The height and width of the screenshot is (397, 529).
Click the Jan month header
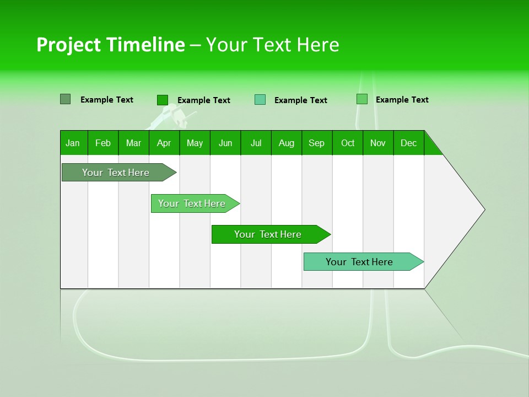click(73, 143)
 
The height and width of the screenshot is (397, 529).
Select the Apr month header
click(164, 143)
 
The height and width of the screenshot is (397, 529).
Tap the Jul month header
click(256, 143)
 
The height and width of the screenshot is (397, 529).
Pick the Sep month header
click(316, 143)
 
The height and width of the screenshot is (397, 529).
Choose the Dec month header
click(408, 143)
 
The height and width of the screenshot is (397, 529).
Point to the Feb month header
click(103, 143)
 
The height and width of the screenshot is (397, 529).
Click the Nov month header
click(377, 143)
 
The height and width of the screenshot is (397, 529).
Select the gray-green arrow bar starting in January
click(116, 173)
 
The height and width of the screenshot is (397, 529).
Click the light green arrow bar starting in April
click(192, 203)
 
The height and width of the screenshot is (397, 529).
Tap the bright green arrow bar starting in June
click(268, 234)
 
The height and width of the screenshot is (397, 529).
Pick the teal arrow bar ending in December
click(360, 262)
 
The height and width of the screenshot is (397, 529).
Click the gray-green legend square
click(65, 99)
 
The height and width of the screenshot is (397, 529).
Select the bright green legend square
click(162, 100)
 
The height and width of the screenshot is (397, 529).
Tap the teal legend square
click(260, 99)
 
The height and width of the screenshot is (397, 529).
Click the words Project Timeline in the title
click(110, 45)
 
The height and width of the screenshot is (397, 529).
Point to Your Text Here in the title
click(272, 45)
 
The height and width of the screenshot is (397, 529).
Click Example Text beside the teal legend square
click(300, 100)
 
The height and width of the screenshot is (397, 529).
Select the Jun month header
click(225, 143)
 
